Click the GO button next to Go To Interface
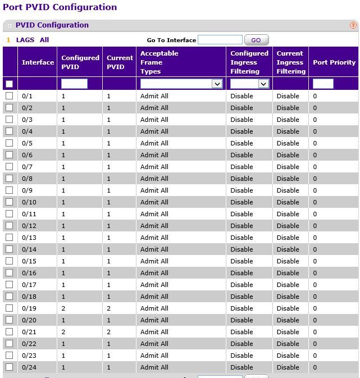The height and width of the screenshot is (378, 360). coord(256,40)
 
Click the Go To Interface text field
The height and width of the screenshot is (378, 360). coord(220,40)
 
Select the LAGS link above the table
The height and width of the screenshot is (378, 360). coord(25,40)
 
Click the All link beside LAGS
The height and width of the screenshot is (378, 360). coord(44,40)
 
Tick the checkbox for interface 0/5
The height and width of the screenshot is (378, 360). coord(9,143)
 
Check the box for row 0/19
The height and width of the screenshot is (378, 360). coord(9,308)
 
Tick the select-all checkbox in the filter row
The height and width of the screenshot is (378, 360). coord(9,84)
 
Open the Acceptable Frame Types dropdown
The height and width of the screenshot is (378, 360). coord(181,84)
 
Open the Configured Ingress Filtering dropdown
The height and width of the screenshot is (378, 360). coord(249,84)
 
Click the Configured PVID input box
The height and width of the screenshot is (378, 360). coord(74,84)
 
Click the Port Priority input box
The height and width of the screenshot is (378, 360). coord(323,84)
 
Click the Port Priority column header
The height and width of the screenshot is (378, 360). coord(334,62)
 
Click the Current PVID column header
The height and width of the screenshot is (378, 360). coord(120,62)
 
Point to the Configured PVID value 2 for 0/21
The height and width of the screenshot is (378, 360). coord(63,332)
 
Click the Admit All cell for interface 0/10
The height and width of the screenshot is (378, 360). coord(154,202)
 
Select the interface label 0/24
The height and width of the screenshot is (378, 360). coord(29,367)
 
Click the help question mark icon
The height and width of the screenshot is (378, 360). coord(353,25)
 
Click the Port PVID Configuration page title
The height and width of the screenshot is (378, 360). coord(60,7)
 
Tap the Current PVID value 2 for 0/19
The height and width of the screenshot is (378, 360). coord(108,308)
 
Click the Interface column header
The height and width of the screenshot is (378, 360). coord(38,62)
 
